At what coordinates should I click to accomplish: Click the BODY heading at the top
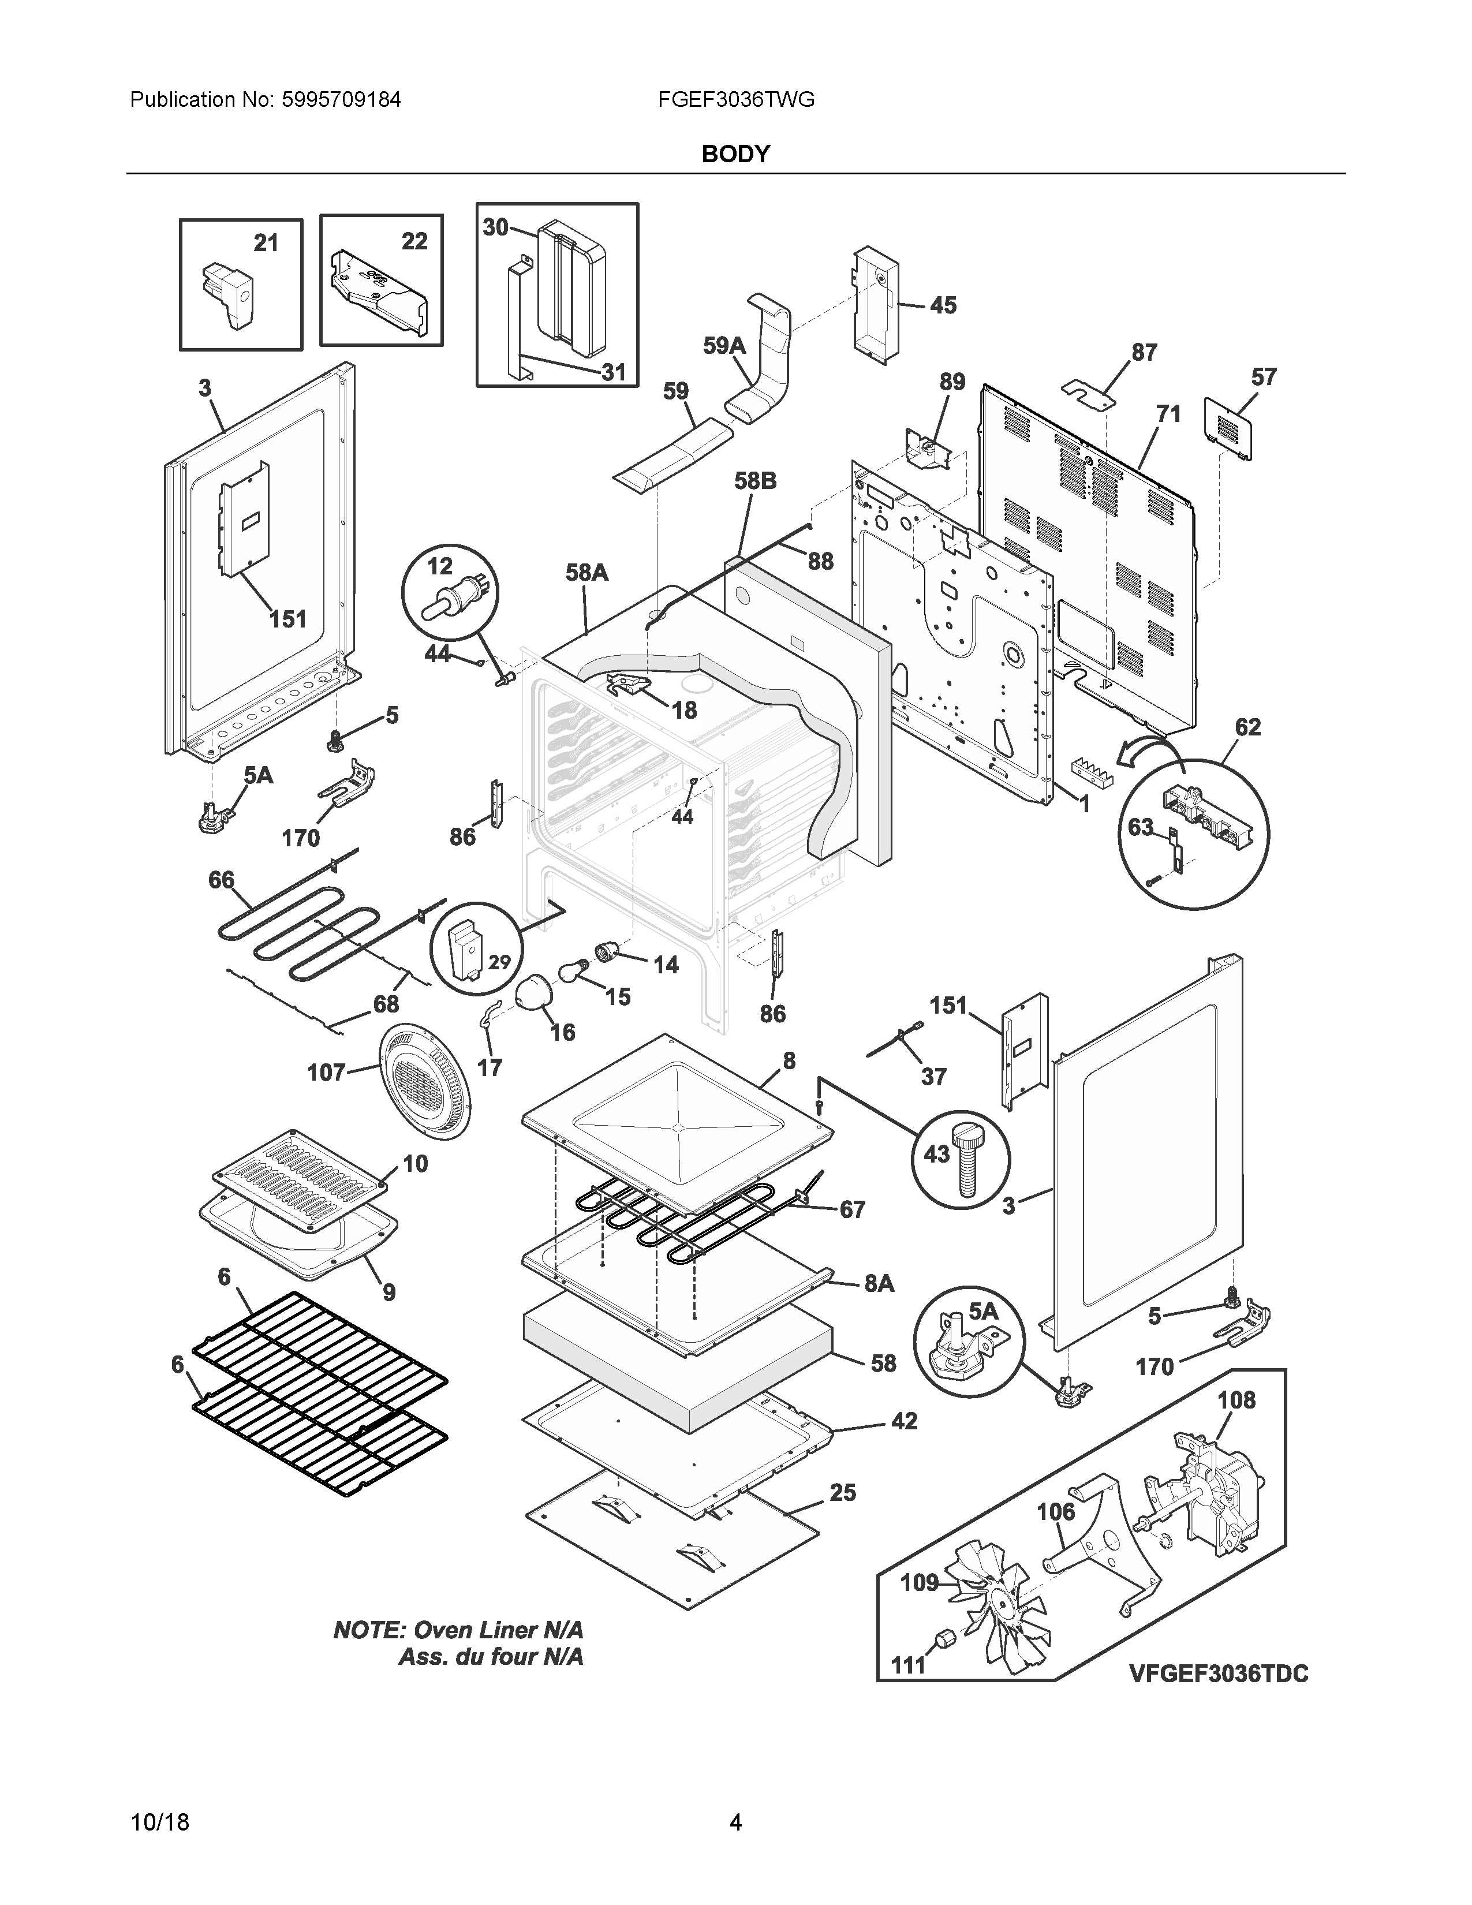(735, 154)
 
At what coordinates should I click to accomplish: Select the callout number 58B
(755, 481)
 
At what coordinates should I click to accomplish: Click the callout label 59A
(724, 346)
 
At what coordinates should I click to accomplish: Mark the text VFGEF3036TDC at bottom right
(1218, 1674)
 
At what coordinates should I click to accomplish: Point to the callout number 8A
(879, 1283)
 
